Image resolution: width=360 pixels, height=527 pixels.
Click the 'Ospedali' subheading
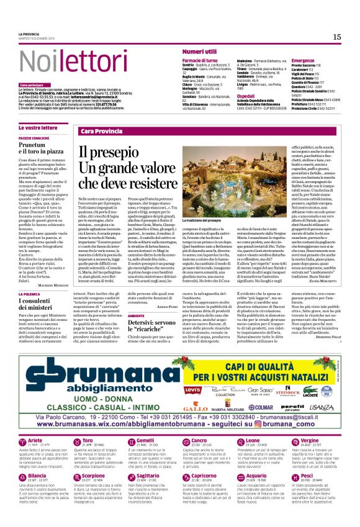[x=245, y=96]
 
